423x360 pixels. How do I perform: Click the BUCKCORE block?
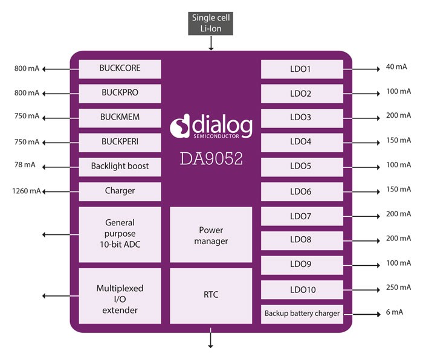[120, 69]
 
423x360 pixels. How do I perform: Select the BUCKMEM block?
[120, 118]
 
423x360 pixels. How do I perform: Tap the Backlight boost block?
[120, 167]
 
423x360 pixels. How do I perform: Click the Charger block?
[120, 191]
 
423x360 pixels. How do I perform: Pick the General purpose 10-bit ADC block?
[120, 234]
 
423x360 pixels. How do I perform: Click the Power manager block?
[211, 234]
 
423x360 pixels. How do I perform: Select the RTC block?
[211, 295]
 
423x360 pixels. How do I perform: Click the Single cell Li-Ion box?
[211, 23]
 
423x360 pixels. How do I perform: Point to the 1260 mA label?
[26, 191]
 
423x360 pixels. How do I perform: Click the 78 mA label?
[26, 166]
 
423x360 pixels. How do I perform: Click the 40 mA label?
[396, 67]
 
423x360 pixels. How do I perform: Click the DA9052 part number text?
[211, 159]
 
